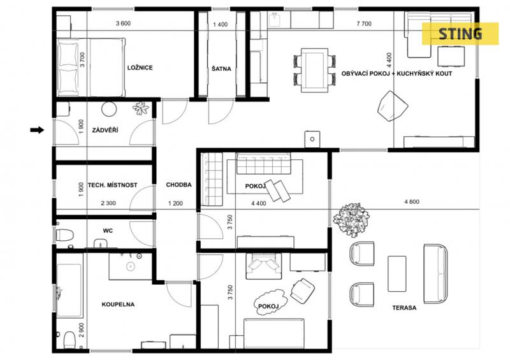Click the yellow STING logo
point(460,34)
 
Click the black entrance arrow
point(37,130)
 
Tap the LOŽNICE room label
point(140,68)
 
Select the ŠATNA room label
point(221,69)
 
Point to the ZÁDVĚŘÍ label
point(105,130)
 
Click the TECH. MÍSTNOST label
point(113,185)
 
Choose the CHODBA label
point(178,185)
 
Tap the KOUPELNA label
point(118,305)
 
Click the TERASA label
point(404,308)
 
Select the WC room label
point(108,231)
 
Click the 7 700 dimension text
point(364,24)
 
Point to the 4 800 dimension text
point(412,201)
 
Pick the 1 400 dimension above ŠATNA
point(220,24)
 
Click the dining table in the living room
point(314,70)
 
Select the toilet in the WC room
point(64,235)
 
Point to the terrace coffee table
point(397,273)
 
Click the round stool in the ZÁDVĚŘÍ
point(109,109)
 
